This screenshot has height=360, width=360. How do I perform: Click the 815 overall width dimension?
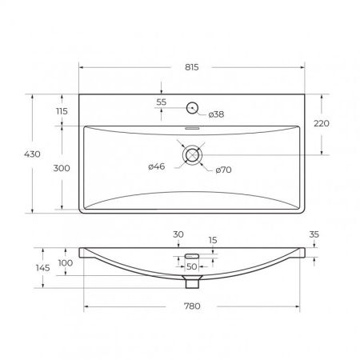tap(192, 68)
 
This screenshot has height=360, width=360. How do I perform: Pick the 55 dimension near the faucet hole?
tap(162, 103)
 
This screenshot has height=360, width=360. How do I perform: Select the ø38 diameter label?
tap(216, 114)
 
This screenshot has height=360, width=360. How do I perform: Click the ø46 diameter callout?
tap(157, 166)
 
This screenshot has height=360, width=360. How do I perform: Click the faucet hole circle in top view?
tap(193, 108)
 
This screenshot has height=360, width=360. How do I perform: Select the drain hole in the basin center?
tap(193, 155)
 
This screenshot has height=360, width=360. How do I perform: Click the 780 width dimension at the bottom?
tap(192, 306)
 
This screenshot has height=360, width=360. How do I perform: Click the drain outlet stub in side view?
tap(191, 282)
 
